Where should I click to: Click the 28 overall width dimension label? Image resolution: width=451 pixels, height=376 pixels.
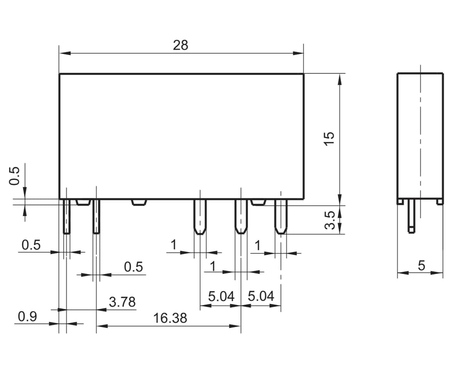point(180,45)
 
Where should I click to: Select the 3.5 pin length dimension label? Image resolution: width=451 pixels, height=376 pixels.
point(330,219)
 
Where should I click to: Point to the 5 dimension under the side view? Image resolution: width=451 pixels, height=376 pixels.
point(421,266)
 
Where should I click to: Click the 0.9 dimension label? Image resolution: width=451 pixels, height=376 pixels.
point(27,317)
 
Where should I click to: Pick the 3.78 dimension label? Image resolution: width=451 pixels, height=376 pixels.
point(122,302)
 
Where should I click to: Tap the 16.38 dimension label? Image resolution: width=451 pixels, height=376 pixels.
point(170,318)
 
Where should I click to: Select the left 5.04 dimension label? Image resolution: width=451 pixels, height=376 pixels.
point(221,297)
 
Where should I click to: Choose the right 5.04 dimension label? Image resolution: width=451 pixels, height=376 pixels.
point(261,297)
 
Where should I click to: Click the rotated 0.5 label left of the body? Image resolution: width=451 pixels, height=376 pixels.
point(15,176)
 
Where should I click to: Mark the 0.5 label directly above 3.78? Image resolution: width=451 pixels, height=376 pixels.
point(133,267)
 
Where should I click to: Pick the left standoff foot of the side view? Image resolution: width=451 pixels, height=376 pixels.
point(400,202)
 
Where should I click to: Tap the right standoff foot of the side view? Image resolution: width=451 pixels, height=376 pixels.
point(440,202)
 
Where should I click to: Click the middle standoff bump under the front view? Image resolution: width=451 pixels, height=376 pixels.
point(139,202)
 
